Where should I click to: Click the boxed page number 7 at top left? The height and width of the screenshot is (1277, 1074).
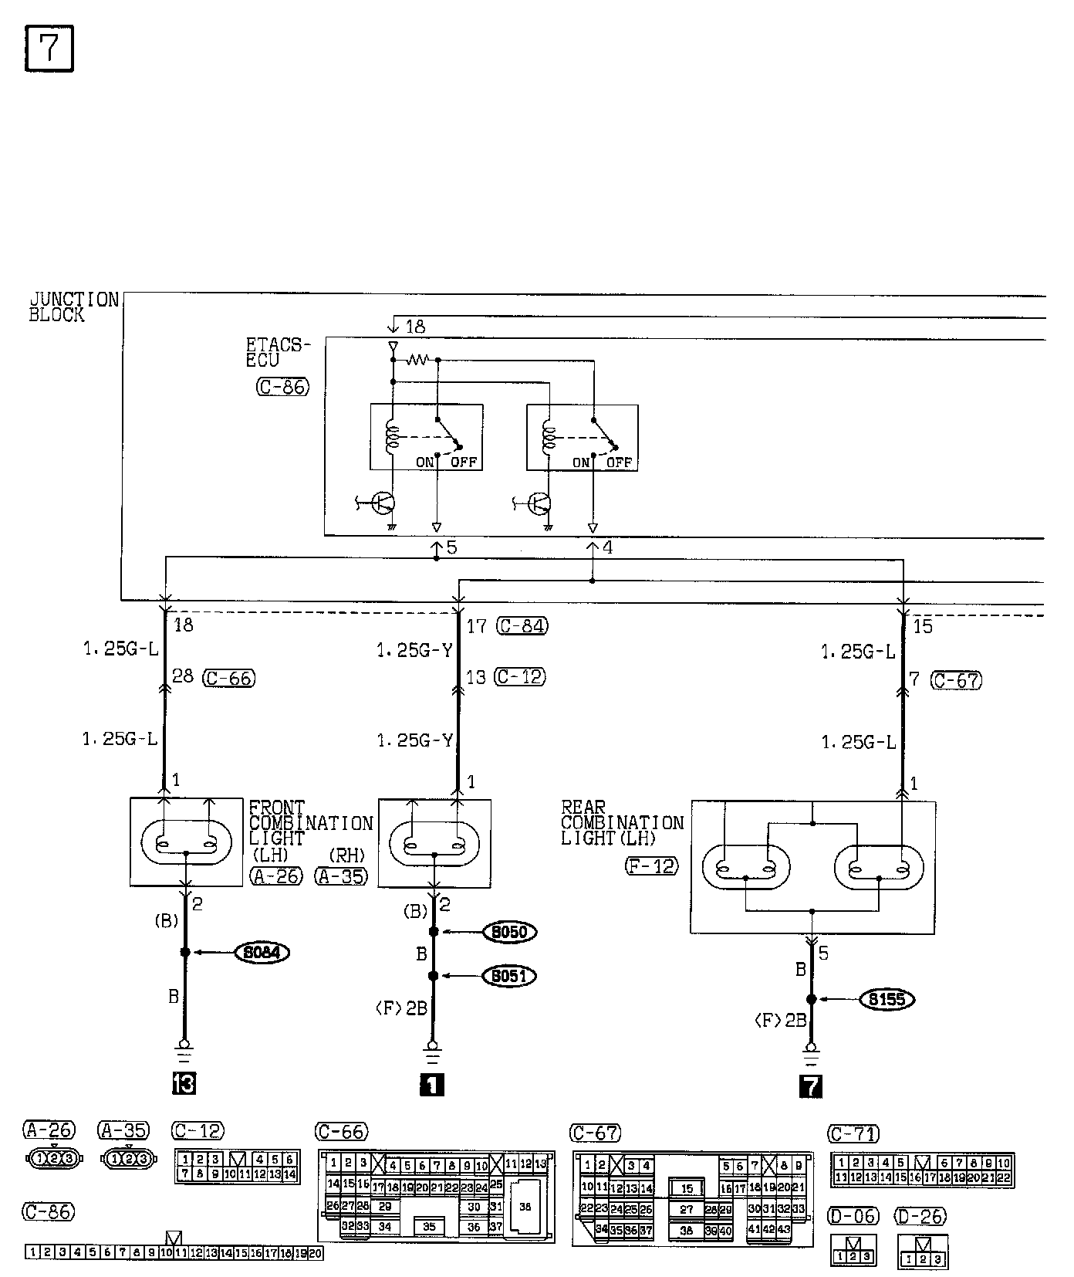[x=49, y=49]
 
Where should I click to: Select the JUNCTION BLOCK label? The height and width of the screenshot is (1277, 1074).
[x=73, y=307]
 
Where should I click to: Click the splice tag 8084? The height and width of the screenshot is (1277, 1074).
[x=262, y=953]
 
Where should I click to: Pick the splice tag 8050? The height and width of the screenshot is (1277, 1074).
[x=509, y=932]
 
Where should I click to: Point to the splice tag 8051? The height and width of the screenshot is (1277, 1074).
[x=509, y=976]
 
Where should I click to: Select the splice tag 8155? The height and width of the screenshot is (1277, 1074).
[x=887, y=1000]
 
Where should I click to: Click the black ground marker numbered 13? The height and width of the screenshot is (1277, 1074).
[x=184, y=1084]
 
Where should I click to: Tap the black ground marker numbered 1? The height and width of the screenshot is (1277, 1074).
[x=431, y=1085]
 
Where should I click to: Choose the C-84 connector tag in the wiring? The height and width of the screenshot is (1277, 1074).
[x=522, y=625]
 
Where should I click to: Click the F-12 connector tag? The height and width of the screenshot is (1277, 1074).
[x=652, y=866]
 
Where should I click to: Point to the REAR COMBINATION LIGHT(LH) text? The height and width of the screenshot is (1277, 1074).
[x=622, y=823]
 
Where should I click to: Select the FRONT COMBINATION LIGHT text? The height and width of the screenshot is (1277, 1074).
[x=310, y=823]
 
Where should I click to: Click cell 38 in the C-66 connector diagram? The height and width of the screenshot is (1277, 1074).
[x=525, y=1207]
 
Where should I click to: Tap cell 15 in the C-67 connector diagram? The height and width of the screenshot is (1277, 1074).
[x=687, y=1189]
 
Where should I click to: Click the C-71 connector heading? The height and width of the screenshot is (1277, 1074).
[x=853, y=1133]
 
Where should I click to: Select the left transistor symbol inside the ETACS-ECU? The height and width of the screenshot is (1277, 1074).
[x=383, y=503]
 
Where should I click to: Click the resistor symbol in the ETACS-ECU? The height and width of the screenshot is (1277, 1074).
[x=417, y=360]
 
